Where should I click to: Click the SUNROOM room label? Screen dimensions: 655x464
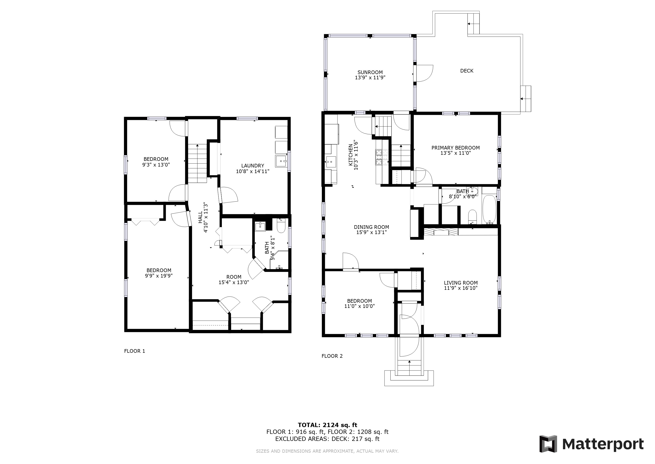coord(370,72)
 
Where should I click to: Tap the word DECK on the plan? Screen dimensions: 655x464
coord(467,71)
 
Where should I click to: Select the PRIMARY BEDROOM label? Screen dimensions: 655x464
coord(456,148)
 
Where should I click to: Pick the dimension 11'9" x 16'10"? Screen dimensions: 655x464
coord(461,288)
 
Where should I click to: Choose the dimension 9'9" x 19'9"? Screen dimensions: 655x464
coord(159,276)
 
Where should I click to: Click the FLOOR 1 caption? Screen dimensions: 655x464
coord(135,351)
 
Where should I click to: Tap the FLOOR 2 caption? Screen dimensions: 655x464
coord(332,356)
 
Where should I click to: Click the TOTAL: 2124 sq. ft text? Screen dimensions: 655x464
coord(327,425)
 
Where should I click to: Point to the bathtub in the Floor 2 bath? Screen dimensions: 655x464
coord(489,209)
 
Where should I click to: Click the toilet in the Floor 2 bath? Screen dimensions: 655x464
coord(473,217)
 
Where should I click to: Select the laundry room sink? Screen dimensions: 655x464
coord(282,161)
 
